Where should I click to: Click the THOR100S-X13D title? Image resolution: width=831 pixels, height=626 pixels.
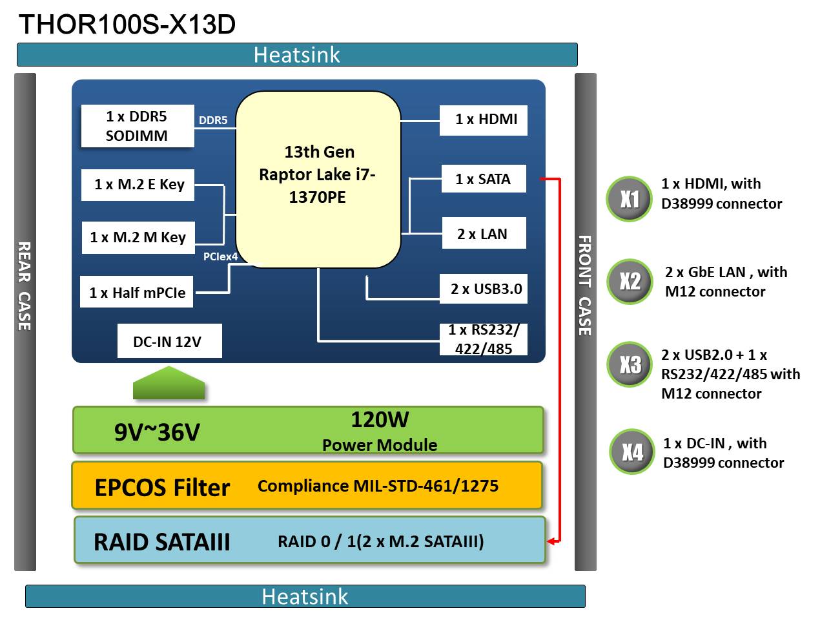tap(127, 25)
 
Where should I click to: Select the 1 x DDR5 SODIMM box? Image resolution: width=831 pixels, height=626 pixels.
tap(137, 126)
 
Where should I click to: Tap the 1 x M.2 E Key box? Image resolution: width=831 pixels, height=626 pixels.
tap(138, 185)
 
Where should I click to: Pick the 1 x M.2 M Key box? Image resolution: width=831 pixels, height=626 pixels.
tap(138, 238)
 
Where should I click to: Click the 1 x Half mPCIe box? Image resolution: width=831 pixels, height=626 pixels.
tap(137, 293)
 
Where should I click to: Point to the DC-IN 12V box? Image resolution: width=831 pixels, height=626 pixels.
tap(169, 342)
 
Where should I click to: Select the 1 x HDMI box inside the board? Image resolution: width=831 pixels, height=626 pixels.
tap(484, 120)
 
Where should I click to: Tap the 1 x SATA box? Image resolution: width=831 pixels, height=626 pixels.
tap(484, 180)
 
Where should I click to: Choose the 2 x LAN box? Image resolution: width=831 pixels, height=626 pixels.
tap(484, 234)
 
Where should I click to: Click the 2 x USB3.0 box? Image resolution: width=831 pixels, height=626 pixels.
tap(484, 289)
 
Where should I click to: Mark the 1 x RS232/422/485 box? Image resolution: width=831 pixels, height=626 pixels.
tap(484, 339)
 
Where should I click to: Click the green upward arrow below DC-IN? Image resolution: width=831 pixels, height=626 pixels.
tap(169, 383)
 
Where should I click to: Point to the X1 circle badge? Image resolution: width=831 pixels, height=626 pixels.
tap(629, 199)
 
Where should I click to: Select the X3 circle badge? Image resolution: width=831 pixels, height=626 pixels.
tap(630, 364)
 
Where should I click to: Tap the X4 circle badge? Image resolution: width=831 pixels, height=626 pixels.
tap(632, 452)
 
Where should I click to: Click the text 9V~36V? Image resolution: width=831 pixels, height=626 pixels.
tap(157, 432)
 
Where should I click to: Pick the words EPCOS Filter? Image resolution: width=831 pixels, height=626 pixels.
tap(162, 488)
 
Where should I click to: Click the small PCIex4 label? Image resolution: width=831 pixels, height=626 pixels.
tap(220, 257)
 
